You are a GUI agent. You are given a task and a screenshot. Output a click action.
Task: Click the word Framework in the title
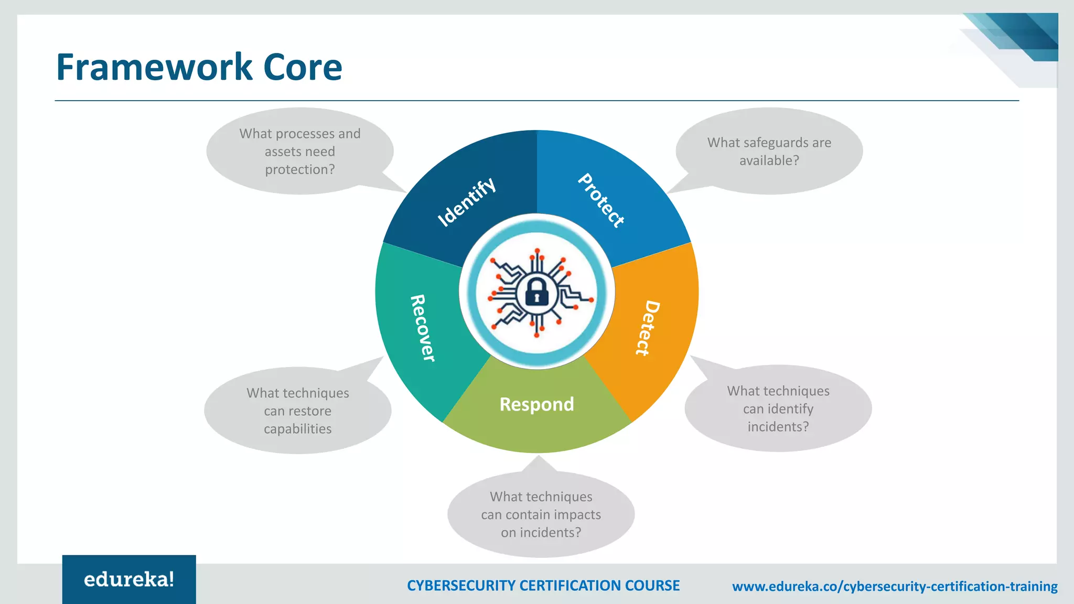point(154,67)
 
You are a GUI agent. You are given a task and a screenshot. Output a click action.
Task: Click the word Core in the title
point(303,67)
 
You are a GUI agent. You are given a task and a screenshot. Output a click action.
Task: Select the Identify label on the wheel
point(466,201)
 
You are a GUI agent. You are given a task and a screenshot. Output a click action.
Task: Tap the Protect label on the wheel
point(602,200)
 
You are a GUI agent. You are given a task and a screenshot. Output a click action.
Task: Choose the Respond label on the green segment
point(536,404)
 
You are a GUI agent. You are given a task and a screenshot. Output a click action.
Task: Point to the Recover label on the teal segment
point(423,328)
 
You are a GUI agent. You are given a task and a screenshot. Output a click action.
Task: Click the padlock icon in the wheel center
point(536,292)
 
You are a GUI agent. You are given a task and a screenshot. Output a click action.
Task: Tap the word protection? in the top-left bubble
point(299,169)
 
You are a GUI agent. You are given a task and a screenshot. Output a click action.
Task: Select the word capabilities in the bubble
point(297,429)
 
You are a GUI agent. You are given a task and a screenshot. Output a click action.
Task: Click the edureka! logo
point(129,579)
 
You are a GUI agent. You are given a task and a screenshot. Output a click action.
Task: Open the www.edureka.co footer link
point(894,586)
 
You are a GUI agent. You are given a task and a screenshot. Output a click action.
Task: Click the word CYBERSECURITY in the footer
point(461,586)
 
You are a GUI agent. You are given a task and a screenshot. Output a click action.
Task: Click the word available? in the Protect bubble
point(769,160)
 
